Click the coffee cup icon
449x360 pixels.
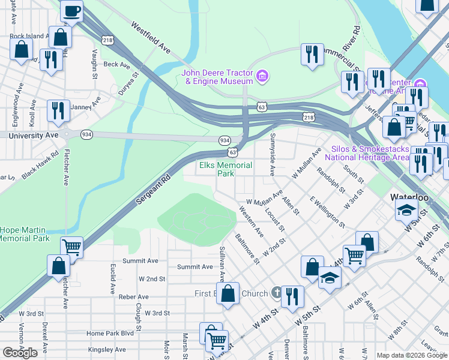tap(71, 10)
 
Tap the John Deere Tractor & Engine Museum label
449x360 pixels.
tap(217, 77)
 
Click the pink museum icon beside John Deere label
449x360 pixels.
tap(262, 76)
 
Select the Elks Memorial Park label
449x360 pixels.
tap(225, 169)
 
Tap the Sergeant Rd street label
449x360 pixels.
tap(151, 190)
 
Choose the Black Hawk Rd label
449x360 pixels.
tap(41, 162)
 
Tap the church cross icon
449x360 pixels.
tap(276, 293)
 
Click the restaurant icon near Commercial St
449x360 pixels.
tap(312, 55)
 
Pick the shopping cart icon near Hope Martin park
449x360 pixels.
tap(72, 247)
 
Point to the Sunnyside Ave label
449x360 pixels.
tap(271, 155)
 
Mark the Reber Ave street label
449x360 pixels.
tap(133, 297)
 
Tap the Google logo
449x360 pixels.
tap(20, 353)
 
